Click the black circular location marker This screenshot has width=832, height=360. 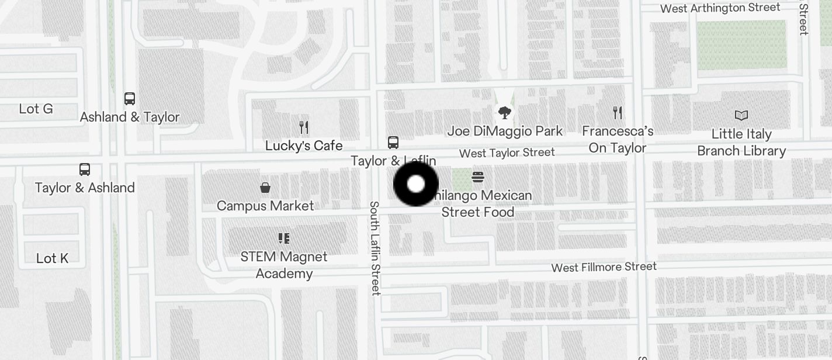(x=415, y=184)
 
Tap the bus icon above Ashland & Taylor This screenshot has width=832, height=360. (x=130, y=99)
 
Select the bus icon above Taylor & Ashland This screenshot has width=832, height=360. (x=85, y=169)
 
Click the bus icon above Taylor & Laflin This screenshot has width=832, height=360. (x=393, y=142)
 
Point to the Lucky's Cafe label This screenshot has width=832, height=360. (x=304, y=146)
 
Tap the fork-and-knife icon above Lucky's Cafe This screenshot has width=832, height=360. (x=304, y=127)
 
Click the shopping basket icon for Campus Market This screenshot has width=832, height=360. (x=265, y=188)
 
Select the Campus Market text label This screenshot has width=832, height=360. (x=265, y=206)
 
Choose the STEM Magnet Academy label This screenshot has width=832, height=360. (x=284, y=265)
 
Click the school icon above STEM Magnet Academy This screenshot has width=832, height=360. (x=284, y=238)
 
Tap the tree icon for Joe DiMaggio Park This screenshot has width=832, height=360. (x=505, y=112)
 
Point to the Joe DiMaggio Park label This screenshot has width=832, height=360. (x=505, y=131)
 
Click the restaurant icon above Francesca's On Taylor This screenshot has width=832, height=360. (x=618, y=112)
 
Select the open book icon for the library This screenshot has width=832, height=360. (x=741, y=116)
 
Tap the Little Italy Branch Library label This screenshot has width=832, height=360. (x=741, y=143)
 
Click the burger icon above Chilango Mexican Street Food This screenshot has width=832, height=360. (x=478, y=176)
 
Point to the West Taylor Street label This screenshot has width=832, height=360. (x=507, y=153)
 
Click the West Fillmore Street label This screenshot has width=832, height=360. (x=604, y=267)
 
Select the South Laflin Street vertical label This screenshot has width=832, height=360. (x=375, y=248)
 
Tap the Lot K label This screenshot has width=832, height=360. (x=53, y=258)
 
